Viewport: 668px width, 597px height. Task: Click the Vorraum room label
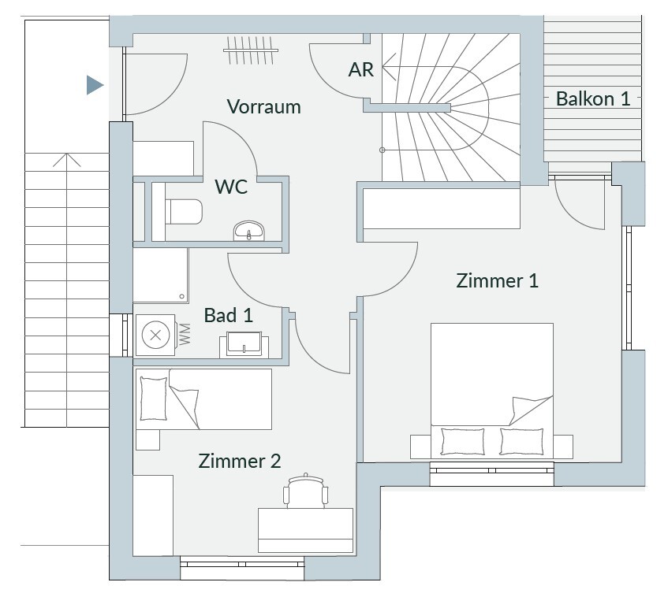pyautogui.click(x=263, y=107)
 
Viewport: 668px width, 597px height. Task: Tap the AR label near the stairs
pyautogui.click(x=361, y=70)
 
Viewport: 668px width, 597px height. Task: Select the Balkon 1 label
pyautogui.click(x=592, y=98)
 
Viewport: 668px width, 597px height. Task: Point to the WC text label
pyautogui.click(x=231, y=187)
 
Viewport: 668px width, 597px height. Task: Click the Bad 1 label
pyautogui.click(x=229, y=315)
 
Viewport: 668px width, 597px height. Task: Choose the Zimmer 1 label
pyautogui.click(x=497, y=281)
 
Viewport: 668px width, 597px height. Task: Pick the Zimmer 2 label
pyautogui.click(x=240, y=461)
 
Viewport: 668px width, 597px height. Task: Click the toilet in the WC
pyautogui.click(x=184, y=212)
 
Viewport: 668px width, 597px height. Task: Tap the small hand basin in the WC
pyautogui.click(x=248, y=231)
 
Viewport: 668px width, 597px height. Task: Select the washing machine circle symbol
pyautogui.click(x=155, y=336)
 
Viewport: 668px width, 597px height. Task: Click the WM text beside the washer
pyautogui.click(x=185, y=334)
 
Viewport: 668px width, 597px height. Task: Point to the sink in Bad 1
pyautogui.click(x=244, y=344)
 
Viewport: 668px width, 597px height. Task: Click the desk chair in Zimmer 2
pyautogui.click(x=305, y=490)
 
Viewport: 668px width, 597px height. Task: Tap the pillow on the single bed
pyautogui.click(x=153, y=399)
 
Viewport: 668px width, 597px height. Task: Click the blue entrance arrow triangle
pyautogui.click(x=95, y=85)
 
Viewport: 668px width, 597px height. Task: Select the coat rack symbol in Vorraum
pyautogui.click(x=251, y=50)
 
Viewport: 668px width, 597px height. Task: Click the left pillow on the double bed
pyautogui.click(x=463, y=441)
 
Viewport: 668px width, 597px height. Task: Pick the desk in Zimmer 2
pyautogui.click(x=305, y=530)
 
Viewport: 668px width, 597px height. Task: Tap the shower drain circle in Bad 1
pyautogui.click(x=182, y=296)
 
